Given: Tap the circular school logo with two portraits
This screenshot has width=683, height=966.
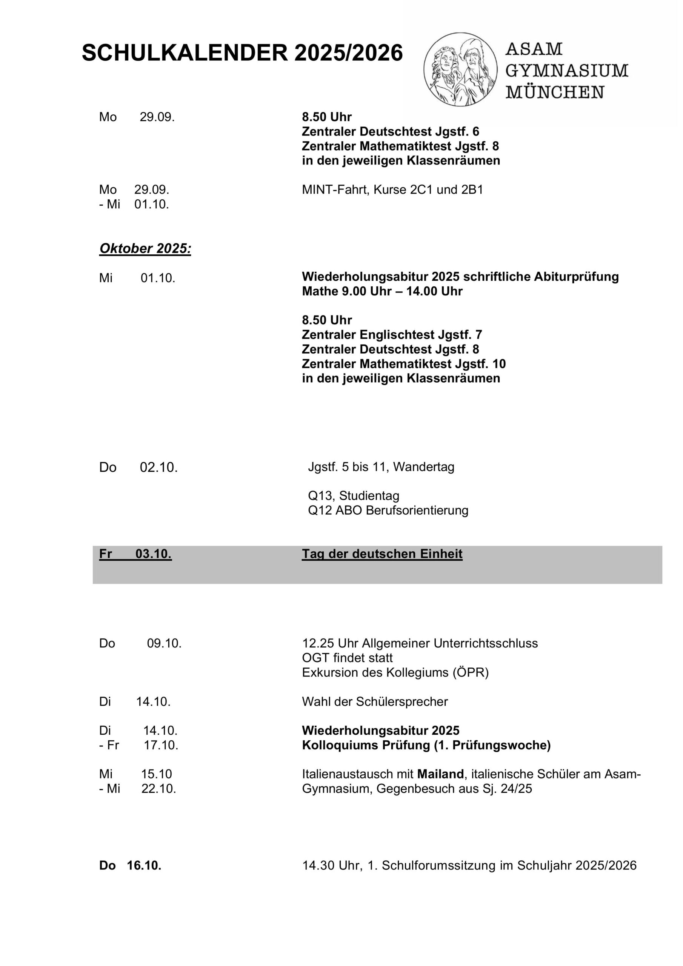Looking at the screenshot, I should (460, 69).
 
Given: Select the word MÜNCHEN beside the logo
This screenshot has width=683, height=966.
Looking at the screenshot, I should (555, 92).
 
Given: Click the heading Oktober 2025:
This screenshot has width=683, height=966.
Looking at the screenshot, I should (145, 249).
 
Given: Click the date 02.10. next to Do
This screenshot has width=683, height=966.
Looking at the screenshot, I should (158, 468).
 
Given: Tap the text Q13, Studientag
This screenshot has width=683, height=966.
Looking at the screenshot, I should (354, 496).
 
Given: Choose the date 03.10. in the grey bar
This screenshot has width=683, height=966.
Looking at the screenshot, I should (153, 554).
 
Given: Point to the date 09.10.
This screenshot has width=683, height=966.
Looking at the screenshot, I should (164, 643).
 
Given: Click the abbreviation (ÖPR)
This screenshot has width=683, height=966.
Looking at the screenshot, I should (471, 673).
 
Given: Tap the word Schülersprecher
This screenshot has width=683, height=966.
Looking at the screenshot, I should (402, 702).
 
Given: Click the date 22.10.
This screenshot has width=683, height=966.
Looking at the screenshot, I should (158, 789).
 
